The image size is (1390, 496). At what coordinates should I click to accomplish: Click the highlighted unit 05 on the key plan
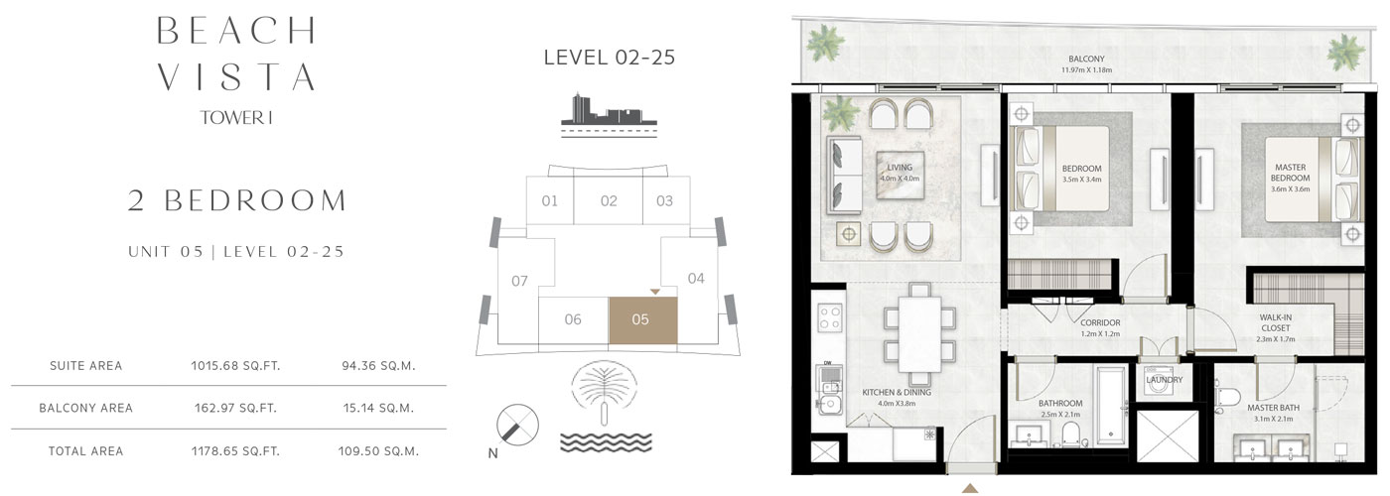point(642,319)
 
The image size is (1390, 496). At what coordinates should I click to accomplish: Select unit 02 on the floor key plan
point(609,201)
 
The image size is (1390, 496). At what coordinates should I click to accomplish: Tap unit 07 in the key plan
point(519,281)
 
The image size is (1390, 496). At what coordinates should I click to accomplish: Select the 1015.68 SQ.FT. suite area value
point(235,366)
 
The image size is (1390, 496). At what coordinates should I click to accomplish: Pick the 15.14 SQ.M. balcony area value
point(377,408)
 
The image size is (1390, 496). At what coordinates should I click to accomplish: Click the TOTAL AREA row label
point(85,451)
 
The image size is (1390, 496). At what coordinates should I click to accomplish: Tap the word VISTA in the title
point(236,75)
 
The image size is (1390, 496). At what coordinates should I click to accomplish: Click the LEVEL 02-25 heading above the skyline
point(609,58)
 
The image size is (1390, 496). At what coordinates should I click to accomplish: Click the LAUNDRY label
point(1164,379)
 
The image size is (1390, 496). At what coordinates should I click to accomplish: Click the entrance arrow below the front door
point(969,488)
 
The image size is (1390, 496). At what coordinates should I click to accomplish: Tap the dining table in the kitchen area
point(919,334)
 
